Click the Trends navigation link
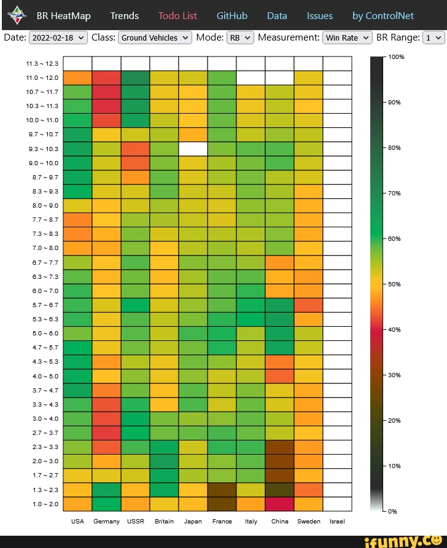124,16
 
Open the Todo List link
177,16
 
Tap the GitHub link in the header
232,16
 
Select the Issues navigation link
319,16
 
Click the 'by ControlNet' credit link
383,16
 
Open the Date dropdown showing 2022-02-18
58,37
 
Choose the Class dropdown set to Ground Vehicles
155,37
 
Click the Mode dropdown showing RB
240,37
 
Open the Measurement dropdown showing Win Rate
348,37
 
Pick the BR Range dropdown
433,37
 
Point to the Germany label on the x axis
107,521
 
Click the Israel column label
337,521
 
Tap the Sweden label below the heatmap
308,521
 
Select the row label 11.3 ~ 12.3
42,63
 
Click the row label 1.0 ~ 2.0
42,504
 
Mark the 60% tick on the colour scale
394,238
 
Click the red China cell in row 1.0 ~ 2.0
279,504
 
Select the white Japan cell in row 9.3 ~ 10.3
193,149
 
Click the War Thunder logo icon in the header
20,15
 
